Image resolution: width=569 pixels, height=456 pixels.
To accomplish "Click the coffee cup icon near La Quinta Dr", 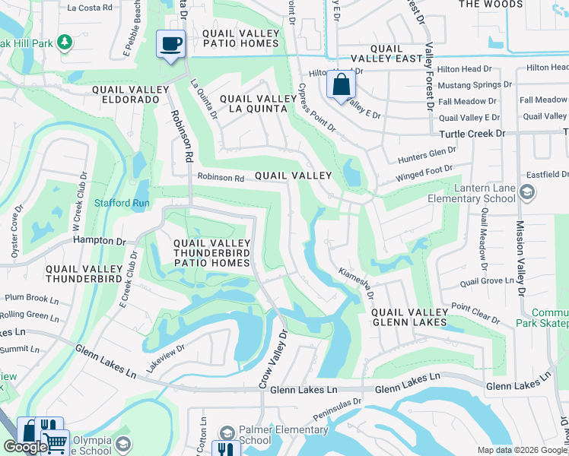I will pyautogui.click(x=170, y=43).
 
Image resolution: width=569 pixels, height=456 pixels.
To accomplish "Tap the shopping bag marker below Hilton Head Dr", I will pyautogui.click(x=341, y=84).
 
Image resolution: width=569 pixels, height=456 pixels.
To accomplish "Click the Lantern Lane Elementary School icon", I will pyautogui.click(x=526, y=192).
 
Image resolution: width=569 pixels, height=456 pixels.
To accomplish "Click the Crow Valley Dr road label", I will pyautogui.click(x=274, y=359).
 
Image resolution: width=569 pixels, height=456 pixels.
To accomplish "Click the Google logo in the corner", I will pyautogui.click(x=25, y=447).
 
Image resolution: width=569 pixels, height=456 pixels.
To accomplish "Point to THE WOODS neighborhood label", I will pyautogui.click(x=491, y=5).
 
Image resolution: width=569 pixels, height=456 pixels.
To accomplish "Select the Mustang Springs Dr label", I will pyautogui.click(x=469, y=84).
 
